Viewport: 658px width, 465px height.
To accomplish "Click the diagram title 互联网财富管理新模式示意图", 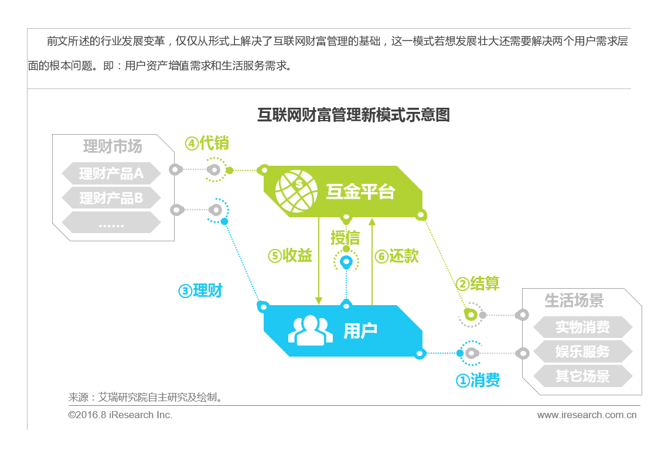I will pyautogui.click(x=353, y=114).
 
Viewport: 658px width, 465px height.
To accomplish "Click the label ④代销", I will pyautogui.click(x=207, y=143).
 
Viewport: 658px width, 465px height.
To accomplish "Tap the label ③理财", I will pyautogui.click(x=200, y=290).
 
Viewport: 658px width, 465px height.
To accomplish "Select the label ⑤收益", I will pyautogui.click(x=290, y=256).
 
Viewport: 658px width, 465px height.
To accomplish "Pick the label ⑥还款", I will pyautogui.click(x=397, y=256).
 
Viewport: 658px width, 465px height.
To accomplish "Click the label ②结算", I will pyautogui.click(x=478, y=284).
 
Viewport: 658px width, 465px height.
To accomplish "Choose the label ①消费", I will pyautogui.click(x=478, y=381).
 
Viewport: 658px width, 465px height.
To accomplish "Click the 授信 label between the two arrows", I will pyautogui.click(x=345, y=238).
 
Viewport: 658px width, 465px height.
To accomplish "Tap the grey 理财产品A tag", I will pyautogui.click(x=111, y=173).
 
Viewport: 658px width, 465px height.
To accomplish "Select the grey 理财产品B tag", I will pyautogui.click(x=111, y=198).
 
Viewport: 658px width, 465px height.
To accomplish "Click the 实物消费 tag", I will pyautogui.click(x=582, y=327).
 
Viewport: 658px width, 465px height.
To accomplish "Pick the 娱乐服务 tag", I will pyautogui.click(x=582, y=351).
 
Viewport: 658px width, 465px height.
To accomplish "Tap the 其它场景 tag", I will pyautogui.click(x=582, y=376).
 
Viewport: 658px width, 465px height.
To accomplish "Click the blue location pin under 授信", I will pyautogui.click(x=346, y=262).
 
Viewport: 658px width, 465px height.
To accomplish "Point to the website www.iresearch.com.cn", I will pyautogui.click(x=587, y=415).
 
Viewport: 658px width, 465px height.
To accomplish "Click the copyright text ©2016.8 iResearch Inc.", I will pyautogui.click(x=120, y=415).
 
